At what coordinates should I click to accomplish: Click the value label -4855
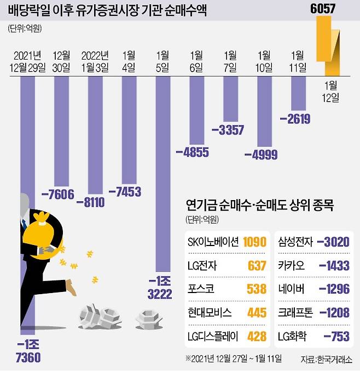[x=191, y=152]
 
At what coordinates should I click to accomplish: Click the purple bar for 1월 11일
[x=298, y=93]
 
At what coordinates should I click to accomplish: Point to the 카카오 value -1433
[x=333, y=266]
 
